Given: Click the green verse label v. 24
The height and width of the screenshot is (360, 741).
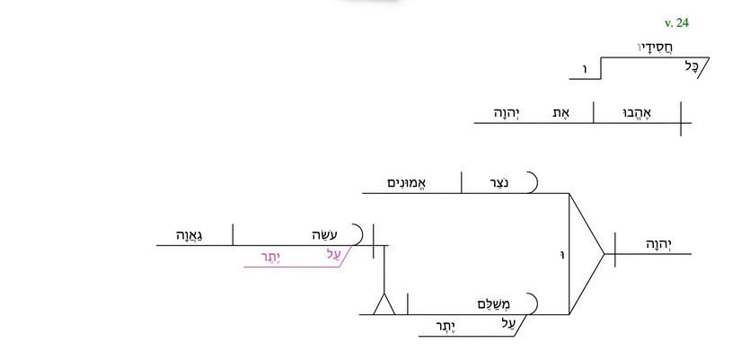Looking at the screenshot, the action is click(x=676, y=22).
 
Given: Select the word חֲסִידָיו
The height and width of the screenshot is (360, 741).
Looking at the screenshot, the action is click(x=656, y=48).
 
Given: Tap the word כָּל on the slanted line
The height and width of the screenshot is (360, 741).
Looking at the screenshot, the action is click(x=692, y=66).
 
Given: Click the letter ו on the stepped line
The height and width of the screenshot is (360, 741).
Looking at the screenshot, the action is click(x=585, y=69).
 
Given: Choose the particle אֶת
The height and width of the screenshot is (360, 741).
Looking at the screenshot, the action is click(x=561, y=113).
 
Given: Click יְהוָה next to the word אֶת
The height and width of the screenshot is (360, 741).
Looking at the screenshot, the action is click(x=507, y=113).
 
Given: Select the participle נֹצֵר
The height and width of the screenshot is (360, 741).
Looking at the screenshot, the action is click(x=499, y=183).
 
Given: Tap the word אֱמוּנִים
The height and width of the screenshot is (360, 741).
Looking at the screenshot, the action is click(x=407, y=183).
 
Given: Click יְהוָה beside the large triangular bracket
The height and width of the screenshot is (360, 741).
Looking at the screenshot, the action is click(x=659, y=244).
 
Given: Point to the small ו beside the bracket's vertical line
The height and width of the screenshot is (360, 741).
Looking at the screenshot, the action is click(x=562, y=256).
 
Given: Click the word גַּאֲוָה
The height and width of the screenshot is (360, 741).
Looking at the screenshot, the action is click(x=190, y=235).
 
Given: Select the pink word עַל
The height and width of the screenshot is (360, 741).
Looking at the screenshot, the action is click(x=333, y=254).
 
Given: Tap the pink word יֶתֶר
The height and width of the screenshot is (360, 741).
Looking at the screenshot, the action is click(x=271, y=258).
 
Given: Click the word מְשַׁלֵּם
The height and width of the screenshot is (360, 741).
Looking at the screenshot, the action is click(x=494, y=304).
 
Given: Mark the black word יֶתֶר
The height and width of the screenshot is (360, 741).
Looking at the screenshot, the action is click(x=445, y=327).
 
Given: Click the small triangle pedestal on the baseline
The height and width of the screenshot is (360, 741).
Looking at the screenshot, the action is click(x=384, y=303).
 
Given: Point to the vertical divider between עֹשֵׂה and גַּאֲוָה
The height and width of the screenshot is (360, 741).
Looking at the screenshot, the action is click(x=233, y=235).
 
